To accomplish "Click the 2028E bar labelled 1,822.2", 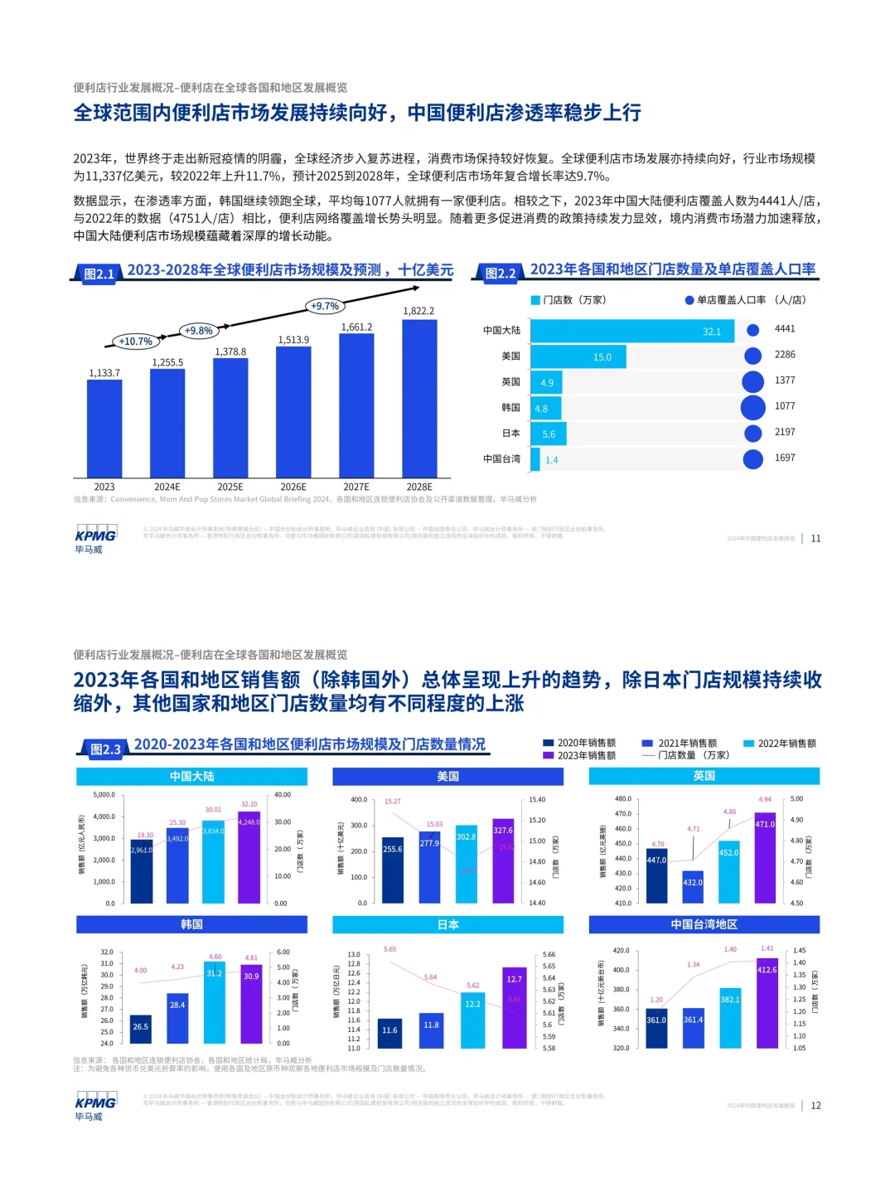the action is point(418,398).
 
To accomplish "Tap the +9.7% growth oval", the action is point(325,306).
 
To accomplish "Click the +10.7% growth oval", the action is point(135,341).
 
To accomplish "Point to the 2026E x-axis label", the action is point(293,487).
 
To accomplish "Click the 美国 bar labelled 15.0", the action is point(578,357).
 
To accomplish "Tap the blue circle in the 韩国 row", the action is point(752,407).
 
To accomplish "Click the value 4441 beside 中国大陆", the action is point(784,329).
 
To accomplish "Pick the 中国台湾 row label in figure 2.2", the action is point(502,458).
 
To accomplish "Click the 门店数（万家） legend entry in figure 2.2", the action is point(568,300).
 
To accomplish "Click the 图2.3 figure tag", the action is point(105,749).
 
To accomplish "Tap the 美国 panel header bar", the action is point(447,777).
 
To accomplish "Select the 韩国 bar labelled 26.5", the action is point(141,1029).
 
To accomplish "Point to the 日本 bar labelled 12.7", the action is point(514,1007).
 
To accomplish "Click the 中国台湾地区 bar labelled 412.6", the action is point(767,1003).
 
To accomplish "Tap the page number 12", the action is point(815,1106).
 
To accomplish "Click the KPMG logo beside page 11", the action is point(95,538).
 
